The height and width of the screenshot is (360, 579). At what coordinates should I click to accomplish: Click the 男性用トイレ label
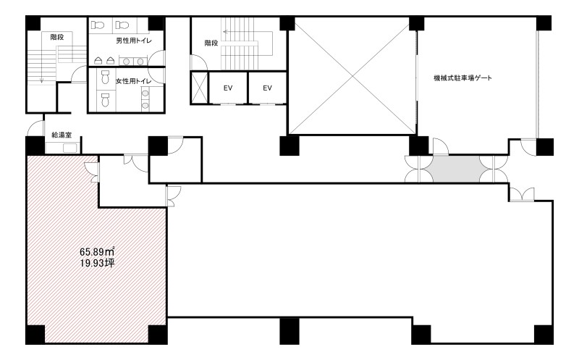click(134, 41)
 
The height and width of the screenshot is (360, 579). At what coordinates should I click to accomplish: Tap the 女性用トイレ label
click(133, 81)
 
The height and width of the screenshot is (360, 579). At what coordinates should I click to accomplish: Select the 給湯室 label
click(62, 135)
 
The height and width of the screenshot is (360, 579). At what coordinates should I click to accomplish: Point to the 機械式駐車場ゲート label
click(462, 78)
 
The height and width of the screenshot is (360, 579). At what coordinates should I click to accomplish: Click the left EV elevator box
click(228, 88)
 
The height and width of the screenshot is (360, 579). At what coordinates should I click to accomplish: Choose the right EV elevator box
click(267, 88)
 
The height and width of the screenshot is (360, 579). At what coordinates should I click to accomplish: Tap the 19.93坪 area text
click(97, 263)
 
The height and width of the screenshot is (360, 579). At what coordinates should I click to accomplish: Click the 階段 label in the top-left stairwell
click(57, 37)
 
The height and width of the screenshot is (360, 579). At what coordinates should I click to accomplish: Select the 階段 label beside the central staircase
click(211, 43)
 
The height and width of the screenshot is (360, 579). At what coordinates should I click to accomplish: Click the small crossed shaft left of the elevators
click(199, 88)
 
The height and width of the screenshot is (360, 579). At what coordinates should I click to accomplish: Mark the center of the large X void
click(352, 76)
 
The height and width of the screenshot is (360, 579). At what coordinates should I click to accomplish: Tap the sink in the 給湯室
click(70, 148)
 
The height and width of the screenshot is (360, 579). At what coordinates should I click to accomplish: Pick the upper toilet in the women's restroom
click(105, 78)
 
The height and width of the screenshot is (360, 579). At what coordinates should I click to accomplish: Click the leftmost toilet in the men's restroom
click(98, 25)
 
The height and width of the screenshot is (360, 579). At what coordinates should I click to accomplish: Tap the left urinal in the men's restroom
click(98, 60)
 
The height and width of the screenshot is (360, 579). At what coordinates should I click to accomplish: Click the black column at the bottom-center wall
click(289, 331)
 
